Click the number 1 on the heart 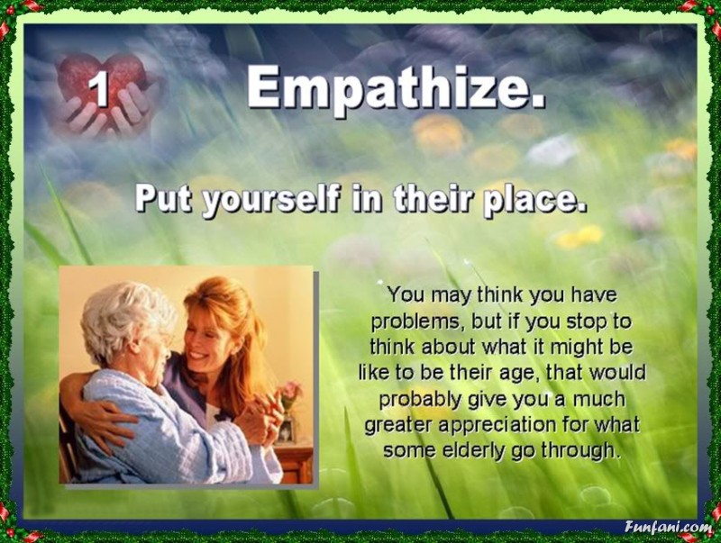98,88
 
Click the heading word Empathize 396,86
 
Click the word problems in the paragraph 415,322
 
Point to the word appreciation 497,425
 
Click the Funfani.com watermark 668,527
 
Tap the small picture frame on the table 286,430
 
